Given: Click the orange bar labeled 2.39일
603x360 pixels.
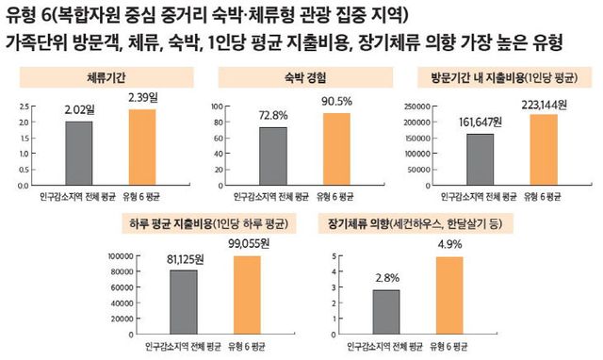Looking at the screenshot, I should (x=141, y=148).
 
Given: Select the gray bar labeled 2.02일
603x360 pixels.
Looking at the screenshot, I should (x=79, y=154).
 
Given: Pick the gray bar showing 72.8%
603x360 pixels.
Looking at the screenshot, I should (x=272, y=155).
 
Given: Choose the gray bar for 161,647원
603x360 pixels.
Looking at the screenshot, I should (x=480, y=159).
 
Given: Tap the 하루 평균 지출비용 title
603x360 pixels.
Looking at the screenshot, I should (x=204, y=224).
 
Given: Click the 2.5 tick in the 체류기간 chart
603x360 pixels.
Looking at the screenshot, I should (x=24, y=106).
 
